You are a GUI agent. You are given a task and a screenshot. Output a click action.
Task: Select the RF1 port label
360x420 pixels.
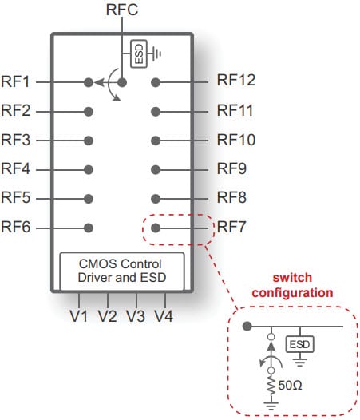click(16, 81)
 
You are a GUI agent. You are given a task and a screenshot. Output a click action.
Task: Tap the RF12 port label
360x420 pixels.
click(236, 81)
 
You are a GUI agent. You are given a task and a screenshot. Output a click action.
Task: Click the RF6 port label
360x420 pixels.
click(16, 228)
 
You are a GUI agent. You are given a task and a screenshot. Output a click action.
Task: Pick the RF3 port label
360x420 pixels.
click(16, 140)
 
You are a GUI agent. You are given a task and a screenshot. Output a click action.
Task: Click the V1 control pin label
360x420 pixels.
click(78, 315)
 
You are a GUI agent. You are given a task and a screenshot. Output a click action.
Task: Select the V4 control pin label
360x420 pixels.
click(164, 315)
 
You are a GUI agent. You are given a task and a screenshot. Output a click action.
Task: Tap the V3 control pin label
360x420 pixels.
click(136, 315)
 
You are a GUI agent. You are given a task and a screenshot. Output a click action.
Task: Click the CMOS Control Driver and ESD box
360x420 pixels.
click(123, 271)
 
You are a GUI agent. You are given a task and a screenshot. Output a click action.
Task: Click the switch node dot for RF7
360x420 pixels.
click(156, 228)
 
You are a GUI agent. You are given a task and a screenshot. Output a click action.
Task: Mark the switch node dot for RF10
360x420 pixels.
click(156, 140)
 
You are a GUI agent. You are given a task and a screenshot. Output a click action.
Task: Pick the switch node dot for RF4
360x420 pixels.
click(89, 169)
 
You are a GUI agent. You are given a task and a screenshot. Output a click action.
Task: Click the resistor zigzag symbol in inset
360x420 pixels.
click(272, 386)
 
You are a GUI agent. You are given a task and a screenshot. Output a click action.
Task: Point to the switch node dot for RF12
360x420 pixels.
click(156, 81)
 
